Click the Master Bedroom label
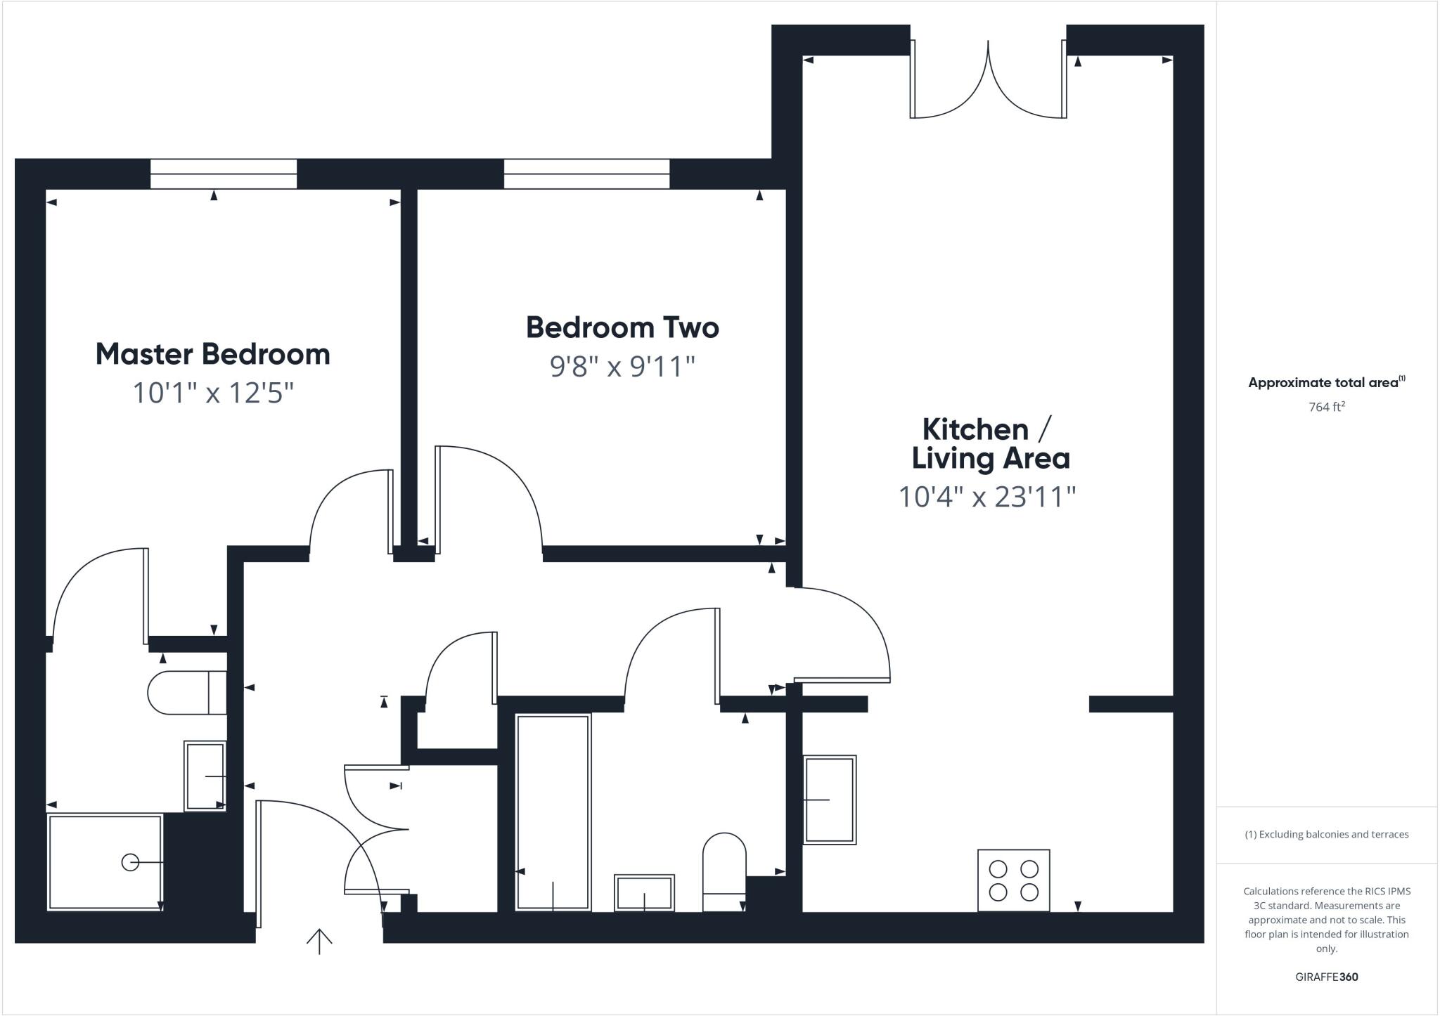[212, 354]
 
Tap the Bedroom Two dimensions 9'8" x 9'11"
[622, 367]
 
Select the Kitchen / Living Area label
[990, 443]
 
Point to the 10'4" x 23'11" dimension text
[987, 497]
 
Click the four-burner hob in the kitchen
[1013, 880]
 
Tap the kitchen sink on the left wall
[830, 800]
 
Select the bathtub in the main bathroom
[553, 812]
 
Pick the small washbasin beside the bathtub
[644, 892]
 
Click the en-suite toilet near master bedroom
[186, 692]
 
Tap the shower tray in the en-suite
[105, 862]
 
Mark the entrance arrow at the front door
[319, 942]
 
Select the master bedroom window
[224, 174]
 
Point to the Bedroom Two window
[586, 174]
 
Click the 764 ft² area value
[1326, 407]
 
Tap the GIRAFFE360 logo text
[1326, 977]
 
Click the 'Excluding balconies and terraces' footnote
[1326, 835]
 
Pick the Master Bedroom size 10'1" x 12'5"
[212, 393]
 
